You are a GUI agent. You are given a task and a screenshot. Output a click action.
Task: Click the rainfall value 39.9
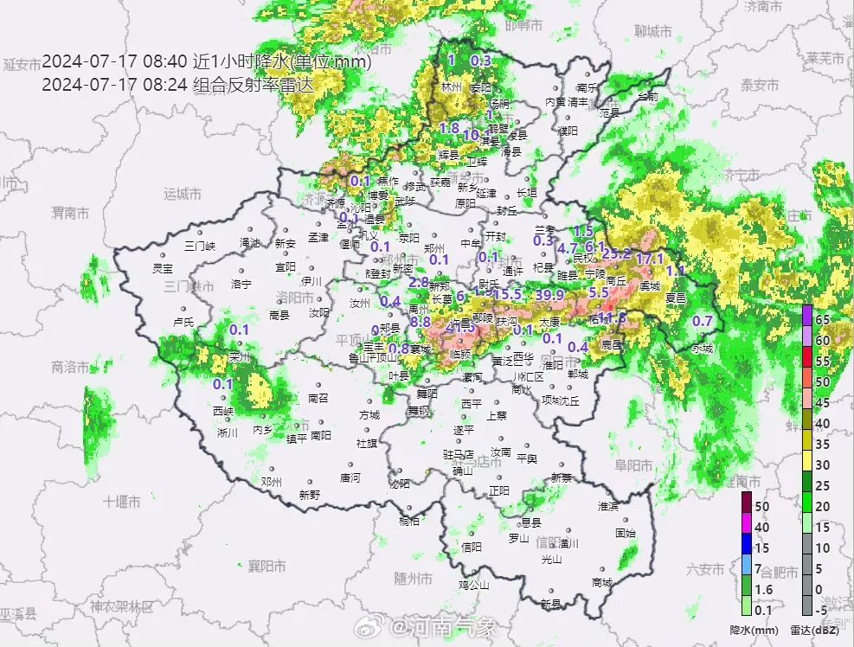click(x=549, y=295)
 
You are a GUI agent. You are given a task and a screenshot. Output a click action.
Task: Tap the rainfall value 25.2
click(x=616, y=253)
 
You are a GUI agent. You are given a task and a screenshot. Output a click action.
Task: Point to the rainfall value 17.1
click(x=649, y=259)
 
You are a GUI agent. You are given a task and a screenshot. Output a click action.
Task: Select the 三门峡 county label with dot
click(x=201, y=246)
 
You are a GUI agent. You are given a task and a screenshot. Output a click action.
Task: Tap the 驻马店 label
click(x=458, y=453)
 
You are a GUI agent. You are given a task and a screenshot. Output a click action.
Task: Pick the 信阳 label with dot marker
click(x=472, y=546)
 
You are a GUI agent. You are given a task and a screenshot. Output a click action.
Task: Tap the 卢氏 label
click(x=183, y=322)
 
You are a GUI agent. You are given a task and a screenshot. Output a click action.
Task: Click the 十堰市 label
click(x=121, y=501)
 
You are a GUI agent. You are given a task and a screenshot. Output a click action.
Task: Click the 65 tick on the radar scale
click(x=823, y=319)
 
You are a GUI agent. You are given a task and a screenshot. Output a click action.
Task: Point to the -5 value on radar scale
click(x=823, y=611)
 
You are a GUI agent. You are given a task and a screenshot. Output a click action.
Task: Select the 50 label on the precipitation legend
click(x=761, y=505)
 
